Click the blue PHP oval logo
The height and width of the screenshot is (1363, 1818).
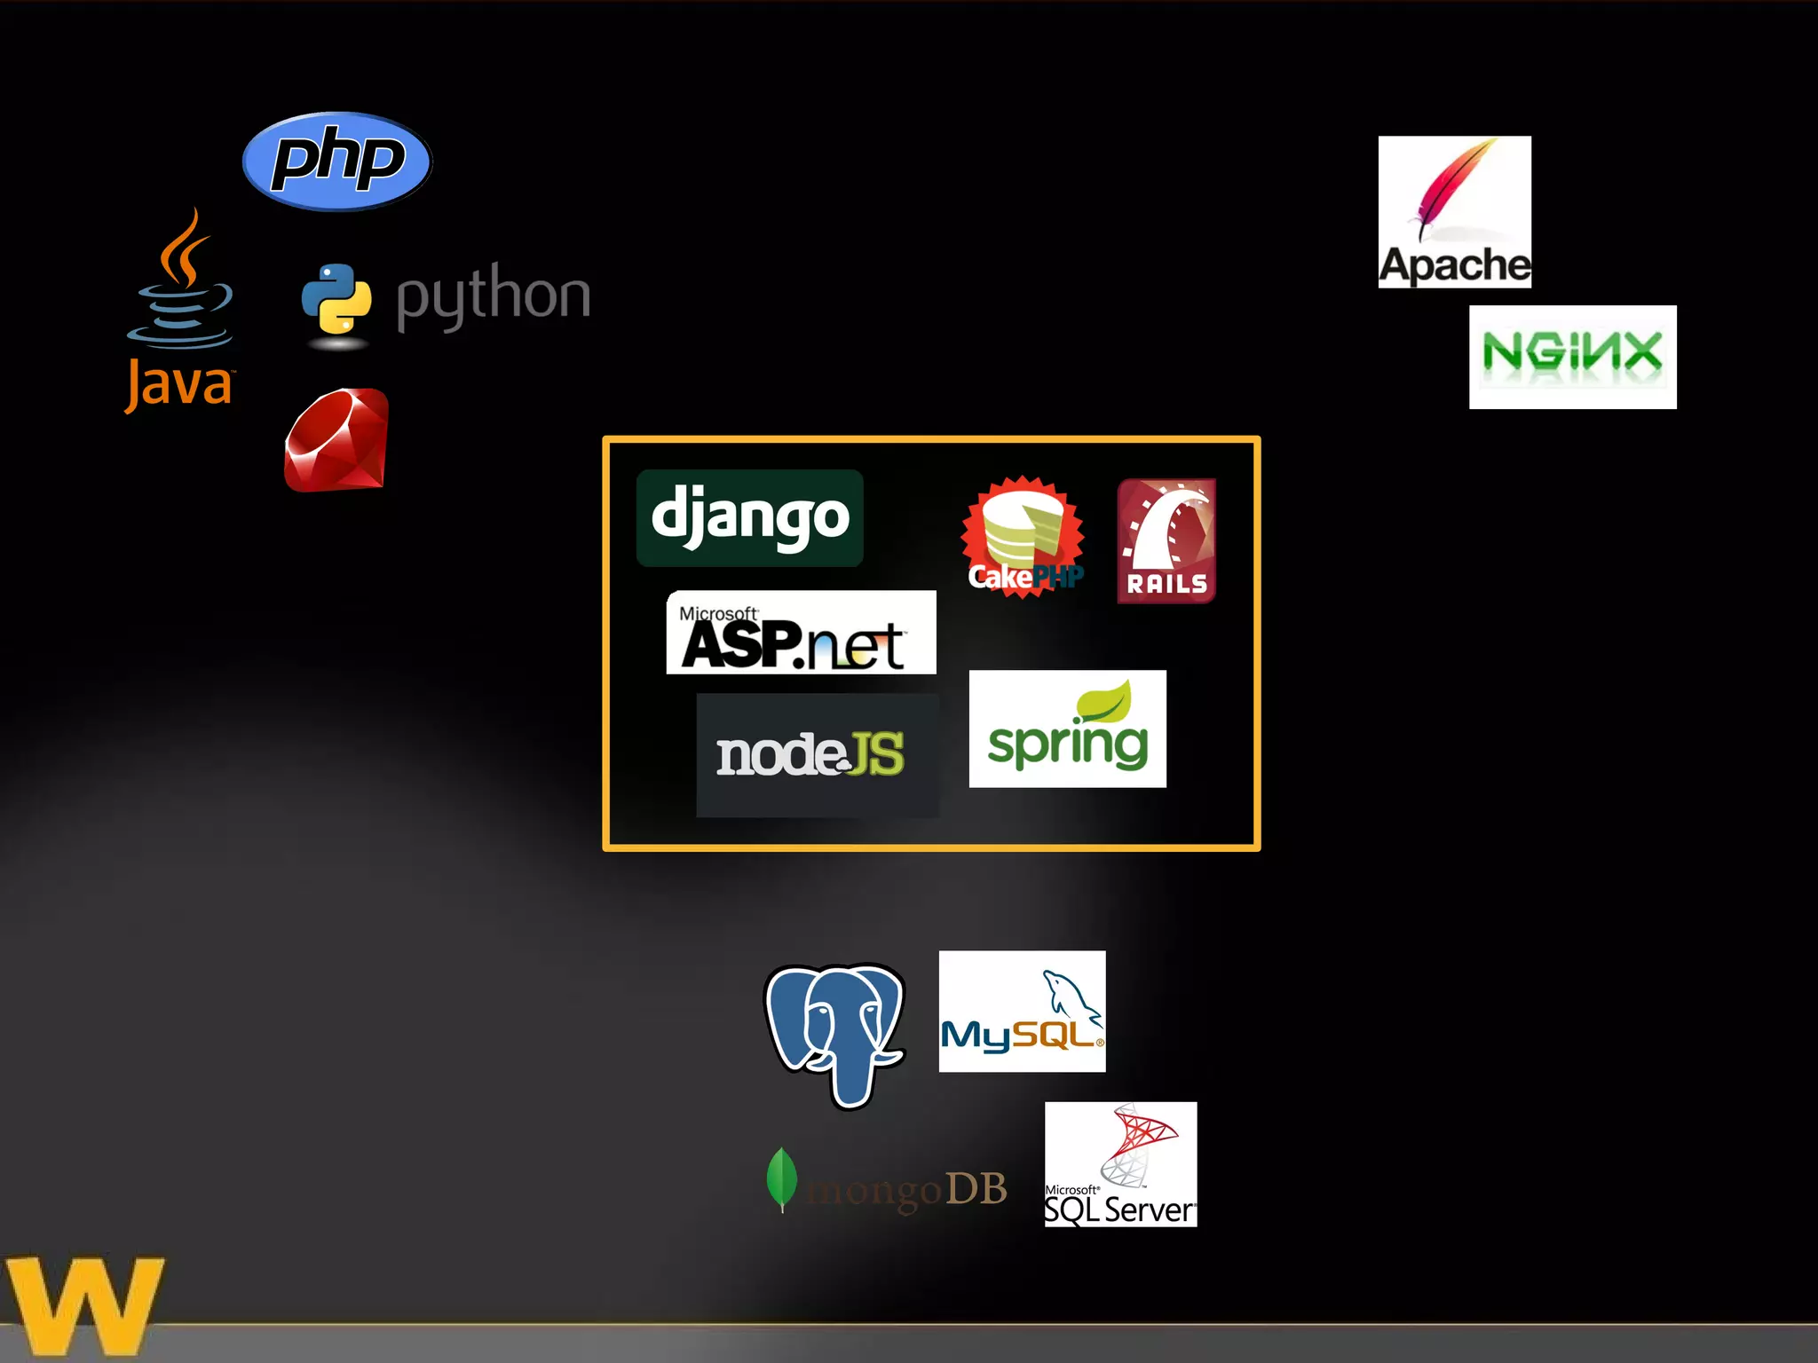(336, 162)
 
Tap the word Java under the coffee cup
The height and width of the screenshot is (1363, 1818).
(179, 385)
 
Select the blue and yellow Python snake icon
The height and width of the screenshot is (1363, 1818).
(336, 299)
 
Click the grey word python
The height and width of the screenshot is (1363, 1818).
(493, 296)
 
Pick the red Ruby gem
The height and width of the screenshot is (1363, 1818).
(336, 440)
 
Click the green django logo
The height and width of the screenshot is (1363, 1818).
(750, 518)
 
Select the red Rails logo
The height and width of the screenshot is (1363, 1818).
(1166, 541)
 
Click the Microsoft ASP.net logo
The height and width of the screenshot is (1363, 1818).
(801, 633)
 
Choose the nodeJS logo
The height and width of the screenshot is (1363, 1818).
(817, 755)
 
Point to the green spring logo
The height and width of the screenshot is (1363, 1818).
(1067, 729)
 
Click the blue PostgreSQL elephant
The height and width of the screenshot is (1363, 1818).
(834, 1032)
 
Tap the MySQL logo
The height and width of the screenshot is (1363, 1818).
(1022, 1012)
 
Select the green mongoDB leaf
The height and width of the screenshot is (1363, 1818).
(781, 1178)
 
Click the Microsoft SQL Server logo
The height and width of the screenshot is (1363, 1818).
(1120, 1164)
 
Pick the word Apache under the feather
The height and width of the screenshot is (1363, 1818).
(1454, 265)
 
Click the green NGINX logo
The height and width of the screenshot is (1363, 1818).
(1572, 357)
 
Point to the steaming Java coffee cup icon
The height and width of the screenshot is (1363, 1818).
(181, 284)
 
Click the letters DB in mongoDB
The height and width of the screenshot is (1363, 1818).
(976, 1189)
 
